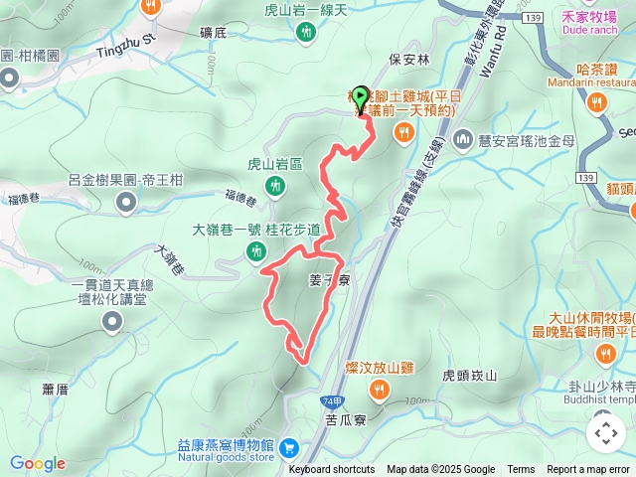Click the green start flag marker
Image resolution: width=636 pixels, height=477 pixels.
click(x=360, y=94)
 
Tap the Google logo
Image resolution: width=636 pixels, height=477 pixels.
click(x=37, y=463)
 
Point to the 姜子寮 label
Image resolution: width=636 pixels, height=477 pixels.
click(x=329, y=281)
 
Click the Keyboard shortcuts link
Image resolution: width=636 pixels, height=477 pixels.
click(x=332, y=470)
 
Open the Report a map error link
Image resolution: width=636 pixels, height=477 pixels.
click(x=588, y=470)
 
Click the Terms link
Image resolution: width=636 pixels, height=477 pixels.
click(x=521, y=470)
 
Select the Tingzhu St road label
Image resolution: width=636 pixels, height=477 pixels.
click(x=127, y=45)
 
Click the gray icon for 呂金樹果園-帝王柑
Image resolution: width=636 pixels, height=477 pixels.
click(x=126, y=203)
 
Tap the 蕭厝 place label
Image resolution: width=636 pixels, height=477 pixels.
click(x=54, y=389)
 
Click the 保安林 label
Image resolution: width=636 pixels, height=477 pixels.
click(x=409, y=59)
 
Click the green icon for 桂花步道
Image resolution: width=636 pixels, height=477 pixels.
click(x=257, y=252)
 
